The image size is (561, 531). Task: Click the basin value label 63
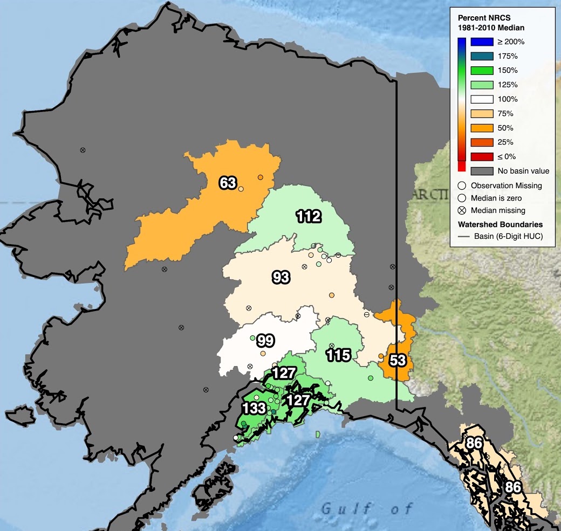[228, 183]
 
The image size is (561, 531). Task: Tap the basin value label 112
[309, 217]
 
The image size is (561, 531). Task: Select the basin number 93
[280, 278]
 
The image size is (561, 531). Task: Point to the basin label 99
[265, 341]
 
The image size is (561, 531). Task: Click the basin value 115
[339, 355]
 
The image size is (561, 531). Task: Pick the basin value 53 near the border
[398, 361]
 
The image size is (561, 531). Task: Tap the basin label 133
[252, 408]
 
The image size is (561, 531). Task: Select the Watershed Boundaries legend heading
[500, 224]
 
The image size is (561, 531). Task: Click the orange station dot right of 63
[260, 177]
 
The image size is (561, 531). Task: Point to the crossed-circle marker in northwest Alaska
[83, 150]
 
